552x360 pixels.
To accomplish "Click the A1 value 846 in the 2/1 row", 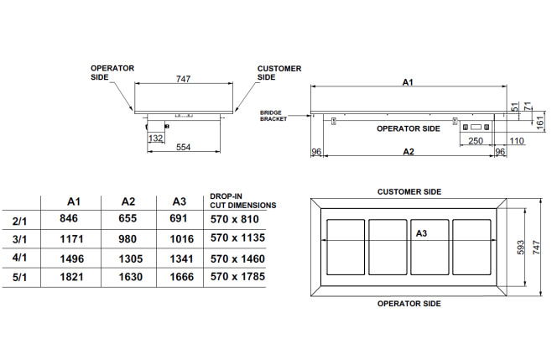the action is pos(69,218).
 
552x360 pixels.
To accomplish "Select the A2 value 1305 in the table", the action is pos(131,259).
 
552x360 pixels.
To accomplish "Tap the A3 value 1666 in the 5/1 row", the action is pos(182,277).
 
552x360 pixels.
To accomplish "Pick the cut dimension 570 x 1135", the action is pos(237,237).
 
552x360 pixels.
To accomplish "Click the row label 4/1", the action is pos(19,258).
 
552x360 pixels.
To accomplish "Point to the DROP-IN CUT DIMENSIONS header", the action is pos(243,201).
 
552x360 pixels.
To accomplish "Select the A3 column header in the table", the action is pos(180,201).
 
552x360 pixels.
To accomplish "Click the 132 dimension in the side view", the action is pos(155,138).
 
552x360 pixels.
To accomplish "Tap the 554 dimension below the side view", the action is pos(184,147).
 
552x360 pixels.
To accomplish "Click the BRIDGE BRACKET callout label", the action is pos(273,116).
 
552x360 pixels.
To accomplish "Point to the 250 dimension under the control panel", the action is pos(476,141).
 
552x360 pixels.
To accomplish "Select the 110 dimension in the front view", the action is pos(517,141).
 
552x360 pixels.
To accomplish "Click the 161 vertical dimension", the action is pos(540,123).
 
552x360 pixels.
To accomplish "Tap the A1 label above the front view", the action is pos(408,82).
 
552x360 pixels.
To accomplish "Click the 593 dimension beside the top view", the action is pos(521,248).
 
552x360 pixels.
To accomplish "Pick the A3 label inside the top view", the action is pos(421,233).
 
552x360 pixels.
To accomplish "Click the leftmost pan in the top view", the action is pos(346,248).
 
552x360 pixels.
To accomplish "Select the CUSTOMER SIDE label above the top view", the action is pos(409,192).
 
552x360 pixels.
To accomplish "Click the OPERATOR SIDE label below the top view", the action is pos(409,304).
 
